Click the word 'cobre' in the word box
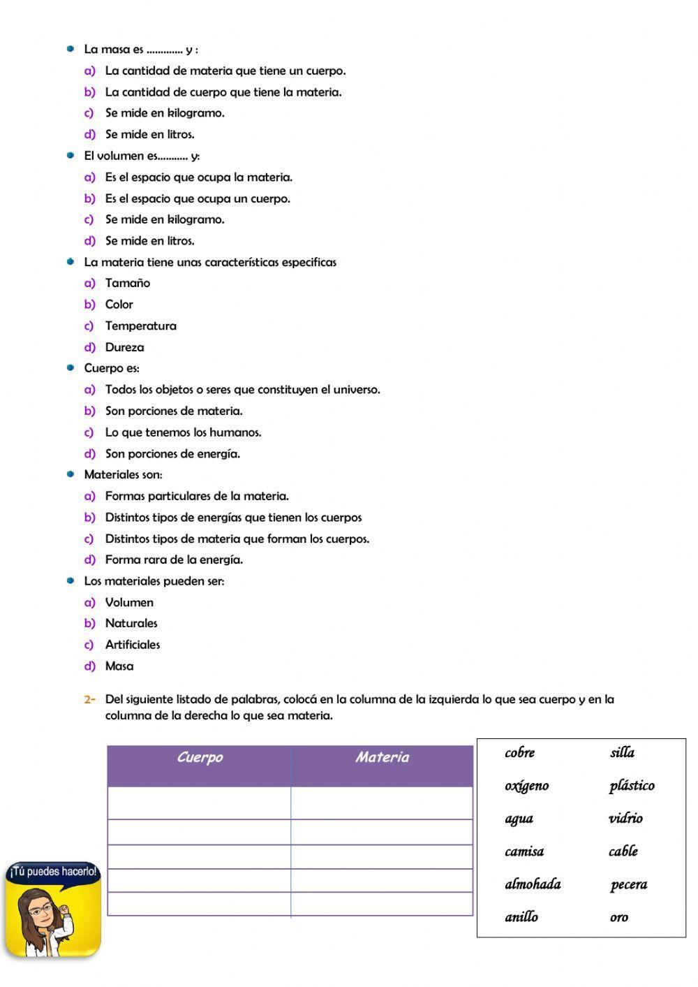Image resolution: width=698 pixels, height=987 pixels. pyautogui.click(x=519, y=753)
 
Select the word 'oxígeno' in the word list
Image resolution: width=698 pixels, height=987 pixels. pyautogui.click(x=526, y=786)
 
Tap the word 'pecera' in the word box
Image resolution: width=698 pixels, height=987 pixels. pyautogui.click(x=628, y=885)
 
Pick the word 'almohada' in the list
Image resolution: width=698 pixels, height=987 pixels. pyautogui.click(x=533, y=884)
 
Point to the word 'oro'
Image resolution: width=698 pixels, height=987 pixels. pyautogui.click(x=618, y=918)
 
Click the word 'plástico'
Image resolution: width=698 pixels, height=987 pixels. pyautogui.click(x=631, y=786)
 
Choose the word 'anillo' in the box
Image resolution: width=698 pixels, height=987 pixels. pyautogui.click(x=521, y=917)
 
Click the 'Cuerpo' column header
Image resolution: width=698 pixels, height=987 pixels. pyautogui.click(x=200, y=758)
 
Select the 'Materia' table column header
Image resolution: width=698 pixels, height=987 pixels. pyautogui.click(x=382, y=758)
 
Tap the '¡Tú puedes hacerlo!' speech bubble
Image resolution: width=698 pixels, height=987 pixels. pyautogui.click(x=52, y=872)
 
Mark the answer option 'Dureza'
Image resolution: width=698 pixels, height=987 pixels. pyautogui.click(x=124, y=347)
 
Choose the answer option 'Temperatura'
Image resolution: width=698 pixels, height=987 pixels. pyautogui.click(x=140, y=326)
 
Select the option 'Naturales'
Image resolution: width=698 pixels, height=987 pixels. pyautogui.click(x=131, y=623)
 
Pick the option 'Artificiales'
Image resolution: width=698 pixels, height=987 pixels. pyautogui.click(x=133, y=645)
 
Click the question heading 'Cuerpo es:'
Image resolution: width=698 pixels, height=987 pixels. pyautogui.click(x=112, y=368)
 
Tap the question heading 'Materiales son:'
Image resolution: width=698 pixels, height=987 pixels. pyautogui.click(x=123, y=475)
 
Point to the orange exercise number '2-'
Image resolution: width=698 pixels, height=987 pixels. pyautogui.click(x=89, y=699)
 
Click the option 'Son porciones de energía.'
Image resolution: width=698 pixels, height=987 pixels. pyautogui.click(x=172, y=454)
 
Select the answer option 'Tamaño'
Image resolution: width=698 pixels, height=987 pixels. pyautogui.click(x=127, y=283)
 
